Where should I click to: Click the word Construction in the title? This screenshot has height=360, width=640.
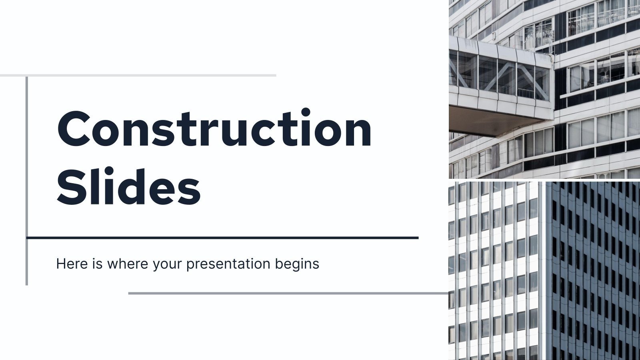[214, 129]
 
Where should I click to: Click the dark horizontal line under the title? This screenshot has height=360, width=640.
[222, 238]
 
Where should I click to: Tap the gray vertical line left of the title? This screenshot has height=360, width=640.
[27, 180]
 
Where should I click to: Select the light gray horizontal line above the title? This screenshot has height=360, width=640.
[138, 75]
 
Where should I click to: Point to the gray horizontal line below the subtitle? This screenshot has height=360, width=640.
[288, 293]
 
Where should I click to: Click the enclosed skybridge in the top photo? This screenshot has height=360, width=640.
[500, 76]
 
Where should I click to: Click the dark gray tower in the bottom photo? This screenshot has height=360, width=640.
[592, 272]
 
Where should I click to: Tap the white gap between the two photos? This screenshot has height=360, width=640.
[544, 180]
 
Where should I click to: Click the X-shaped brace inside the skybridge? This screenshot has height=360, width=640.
[508, 78]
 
